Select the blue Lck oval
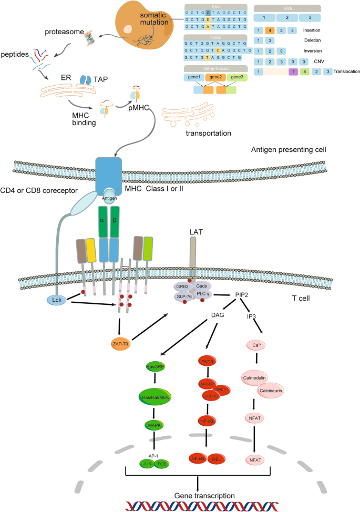point(63,300)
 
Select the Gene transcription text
point(197,495)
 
